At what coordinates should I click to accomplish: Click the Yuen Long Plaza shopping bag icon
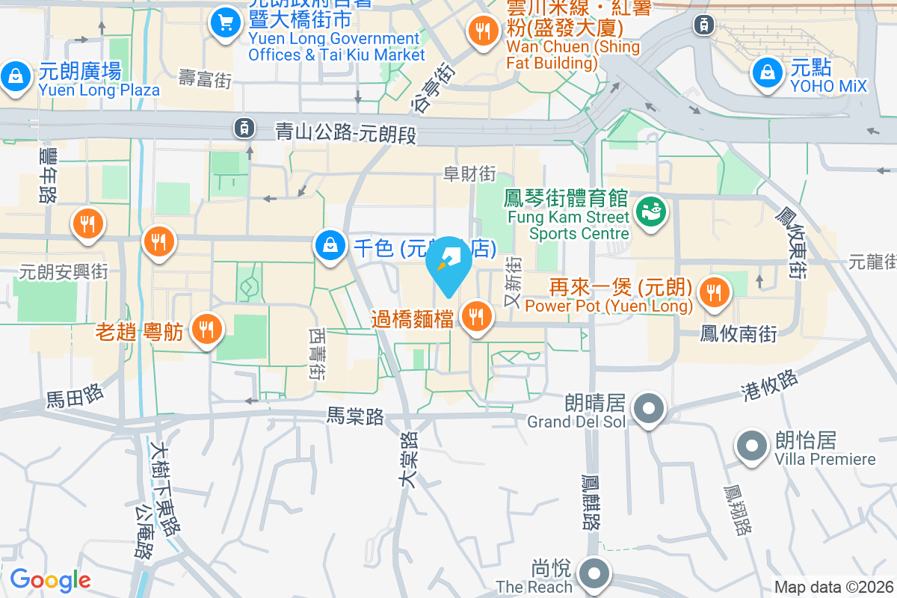click(14, 76)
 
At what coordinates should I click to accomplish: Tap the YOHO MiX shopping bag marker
click(767, 73)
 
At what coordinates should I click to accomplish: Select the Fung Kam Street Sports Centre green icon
click(649, 212)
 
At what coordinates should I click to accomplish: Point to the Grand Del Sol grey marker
click(649, 409)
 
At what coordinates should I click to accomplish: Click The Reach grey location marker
click(595, 575)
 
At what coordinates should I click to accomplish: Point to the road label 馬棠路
click(355, 416)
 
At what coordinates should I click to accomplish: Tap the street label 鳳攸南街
click(739, 333)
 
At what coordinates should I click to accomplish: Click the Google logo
click(51, 580)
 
